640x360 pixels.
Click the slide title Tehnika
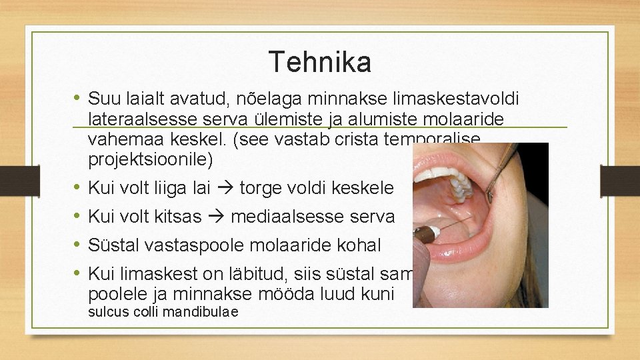click(x=320, y=62)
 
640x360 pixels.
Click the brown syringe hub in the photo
click(x=424, y=233)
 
